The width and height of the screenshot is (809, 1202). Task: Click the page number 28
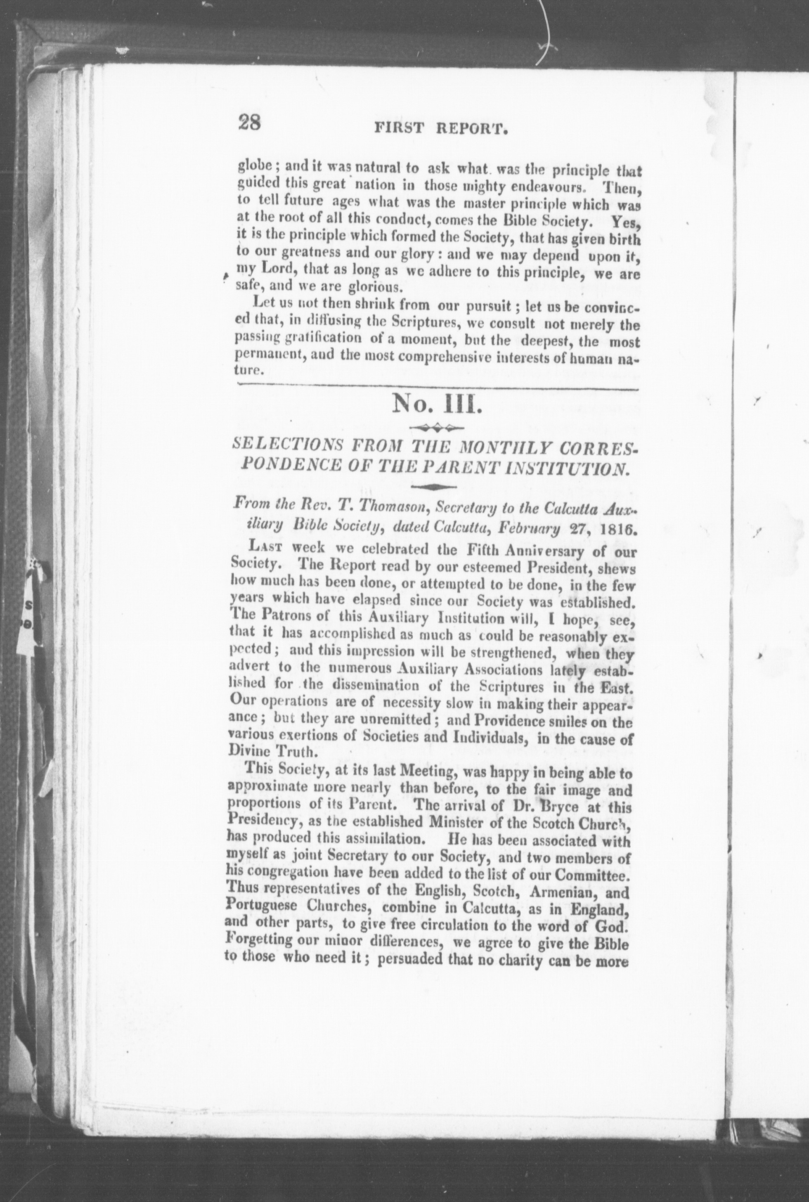pyautogui.click(x=250, y=124)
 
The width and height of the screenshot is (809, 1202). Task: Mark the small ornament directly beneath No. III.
pyautogui.click(x=437, y=427)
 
